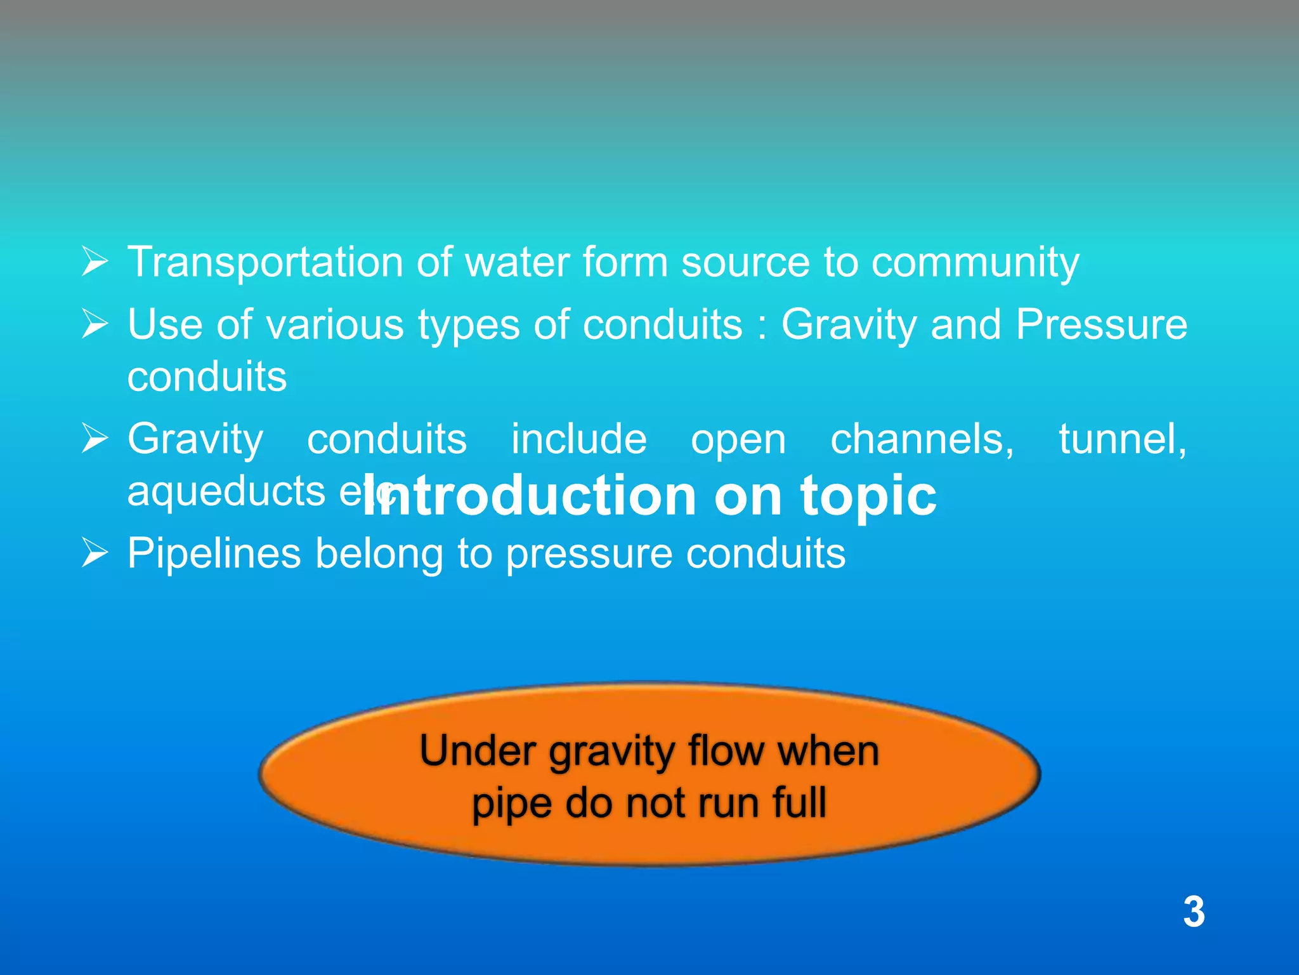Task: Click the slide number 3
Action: click(x=1193, y=912)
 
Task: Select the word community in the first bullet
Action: click(x=975, y=263)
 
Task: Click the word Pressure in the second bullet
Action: click(x=1101, y=324)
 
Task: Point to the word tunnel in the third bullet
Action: click(x=1122, y=439)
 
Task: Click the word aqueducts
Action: click(x=226, y=491)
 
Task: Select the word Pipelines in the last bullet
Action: click(x=214, y=553)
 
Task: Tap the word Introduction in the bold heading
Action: click(x=530, y=496)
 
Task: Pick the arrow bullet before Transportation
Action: click(x=95, y=262)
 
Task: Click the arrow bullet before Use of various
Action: click(x=95, y=324)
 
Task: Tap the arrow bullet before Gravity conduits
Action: click(x=95, y=439)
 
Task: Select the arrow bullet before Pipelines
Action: click(x=95, y=553)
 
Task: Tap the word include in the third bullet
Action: click(x=578, y=439)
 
